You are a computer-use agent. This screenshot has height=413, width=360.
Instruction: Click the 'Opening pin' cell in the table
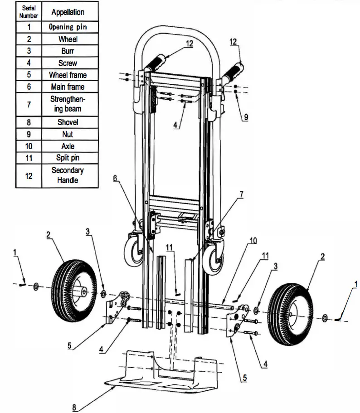coord(68,27)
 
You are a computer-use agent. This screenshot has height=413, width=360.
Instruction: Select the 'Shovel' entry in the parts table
coord(68,122)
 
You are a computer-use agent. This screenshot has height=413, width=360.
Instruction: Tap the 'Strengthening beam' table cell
coord(68,104)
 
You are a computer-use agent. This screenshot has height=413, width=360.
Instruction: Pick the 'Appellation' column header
coord(68,12)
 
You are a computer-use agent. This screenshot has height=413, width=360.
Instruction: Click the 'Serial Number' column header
coord(29,12)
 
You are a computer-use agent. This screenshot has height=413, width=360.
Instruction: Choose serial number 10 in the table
coord(29,146)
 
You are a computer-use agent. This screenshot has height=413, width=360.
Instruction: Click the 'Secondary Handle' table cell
coord(68,175)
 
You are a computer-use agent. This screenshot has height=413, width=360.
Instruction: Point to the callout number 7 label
coord(242,194)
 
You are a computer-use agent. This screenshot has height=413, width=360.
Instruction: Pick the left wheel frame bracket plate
coord(117,308)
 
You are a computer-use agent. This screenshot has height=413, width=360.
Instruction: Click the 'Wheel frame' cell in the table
coord(68,75)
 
